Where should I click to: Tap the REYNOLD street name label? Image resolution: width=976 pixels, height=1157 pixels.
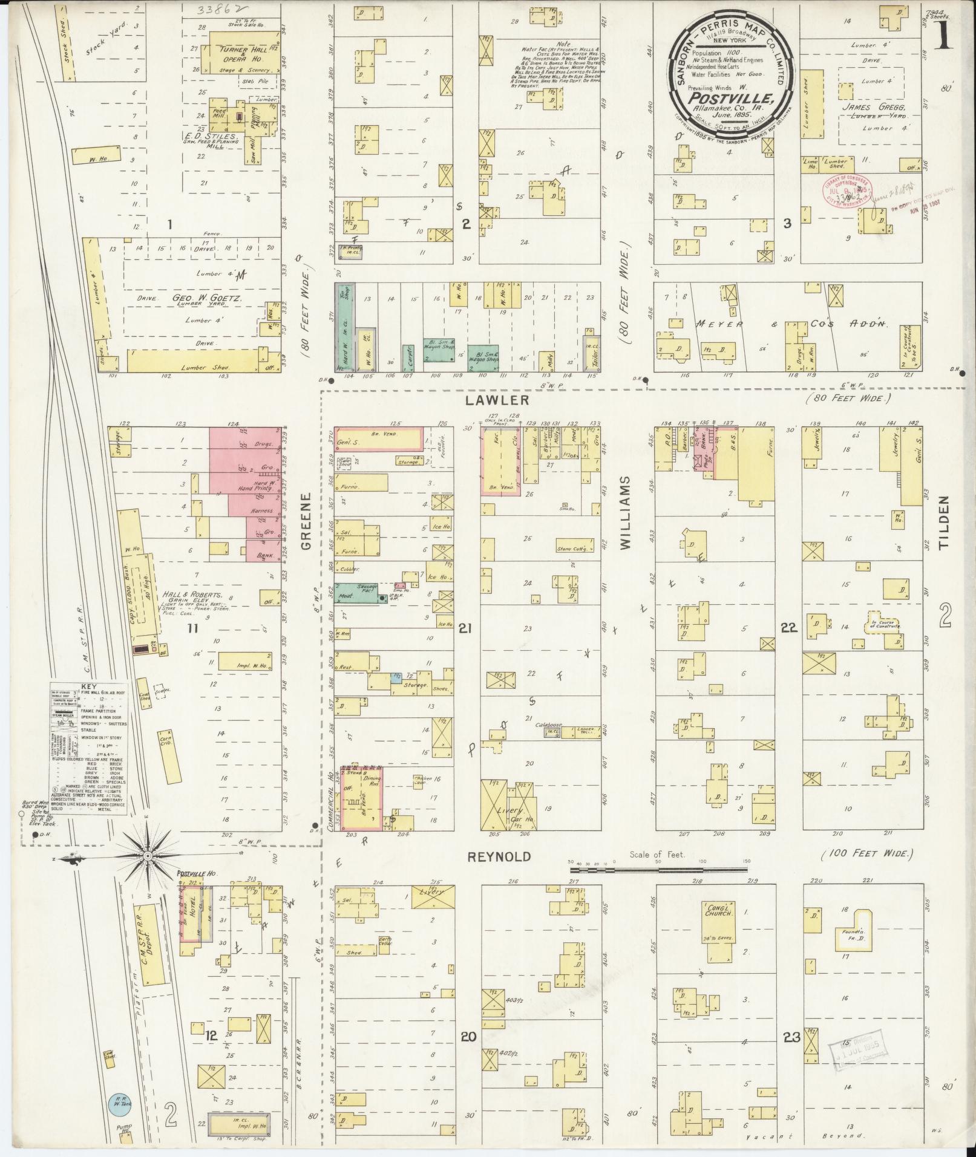[x=500, y=856]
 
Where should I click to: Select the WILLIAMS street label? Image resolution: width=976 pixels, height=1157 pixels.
[x=626, y=513]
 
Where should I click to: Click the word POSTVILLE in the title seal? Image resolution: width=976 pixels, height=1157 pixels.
[x=731, y=99]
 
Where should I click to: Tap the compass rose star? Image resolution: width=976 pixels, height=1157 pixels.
[x=148, y=856]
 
